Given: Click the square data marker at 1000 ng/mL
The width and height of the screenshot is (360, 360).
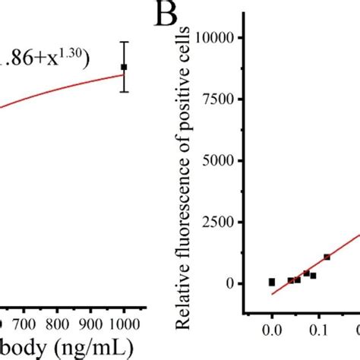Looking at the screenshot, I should click(124, 67).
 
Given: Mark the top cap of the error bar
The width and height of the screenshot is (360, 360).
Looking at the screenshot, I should click(124, 42).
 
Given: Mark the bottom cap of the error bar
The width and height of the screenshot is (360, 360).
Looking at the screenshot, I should click(124, 92).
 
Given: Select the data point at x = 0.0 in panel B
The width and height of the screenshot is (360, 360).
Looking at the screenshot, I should click(272, 282).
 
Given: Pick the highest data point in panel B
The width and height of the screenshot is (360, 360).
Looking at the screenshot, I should click(327, 257).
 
